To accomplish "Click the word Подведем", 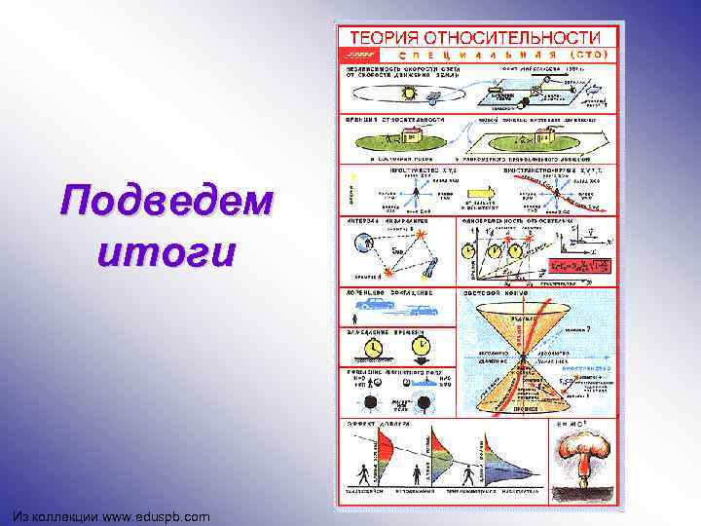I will [166, 203].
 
